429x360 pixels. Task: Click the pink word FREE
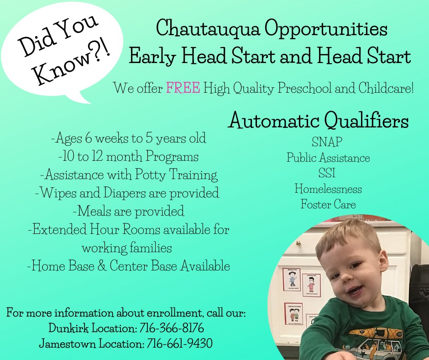pos(183,88)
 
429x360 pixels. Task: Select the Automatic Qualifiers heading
pos(319,121)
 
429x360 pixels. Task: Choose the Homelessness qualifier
pos(328,189)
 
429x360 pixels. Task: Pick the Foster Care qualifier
pos(328,204)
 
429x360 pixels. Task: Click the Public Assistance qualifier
pos(328,158)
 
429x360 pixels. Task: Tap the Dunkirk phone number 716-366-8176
pos(175,328)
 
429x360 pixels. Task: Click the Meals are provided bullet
pos(128,211)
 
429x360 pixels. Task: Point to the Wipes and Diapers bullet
pos(127,193)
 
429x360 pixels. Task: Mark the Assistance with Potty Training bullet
pos(128,175)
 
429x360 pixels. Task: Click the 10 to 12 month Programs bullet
pos(128,156)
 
